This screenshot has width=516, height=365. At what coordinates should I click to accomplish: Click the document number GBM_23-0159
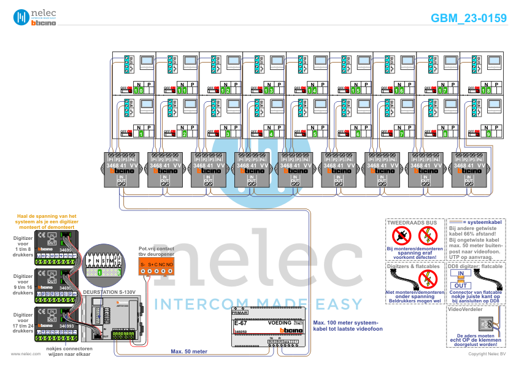click(469, 18)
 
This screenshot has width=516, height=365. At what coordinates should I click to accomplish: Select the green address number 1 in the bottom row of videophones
click(141, 133)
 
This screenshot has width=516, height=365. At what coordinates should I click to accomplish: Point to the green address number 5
click(315, 133)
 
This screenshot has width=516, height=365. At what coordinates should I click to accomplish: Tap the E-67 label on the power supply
click(241, 322)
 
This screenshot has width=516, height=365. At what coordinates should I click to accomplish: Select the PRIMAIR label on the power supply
click(241, 313)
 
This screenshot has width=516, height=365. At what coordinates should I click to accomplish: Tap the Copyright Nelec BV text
click(487, 354)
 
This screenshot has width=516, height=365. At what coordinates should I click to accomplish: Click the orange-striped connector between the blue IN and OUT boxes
click(461, 279)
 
